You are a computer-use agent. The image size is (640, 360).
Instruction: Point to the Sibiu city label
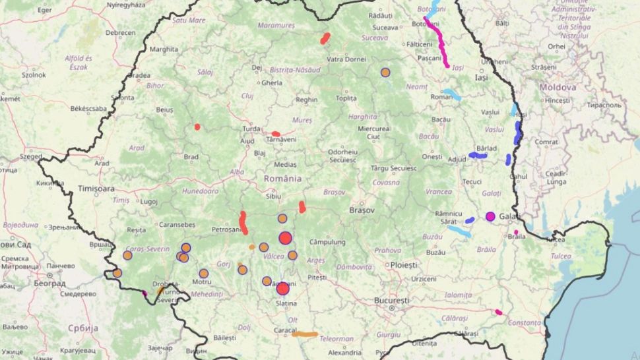click(272, 196)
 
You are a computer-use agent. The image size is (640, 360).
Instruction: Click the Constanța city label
click(525, 322)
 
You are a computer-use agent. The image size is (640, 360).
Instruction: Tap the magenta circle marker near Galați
click(490, 216)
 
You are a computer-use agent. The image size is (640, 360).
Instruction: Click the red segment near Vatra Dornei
click(325, 38)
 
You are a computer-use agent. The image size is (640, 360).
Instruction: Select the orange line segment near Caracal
click(305, 334)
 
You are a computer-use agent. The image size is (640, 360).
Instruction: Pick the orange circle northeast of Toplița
click(385, 73)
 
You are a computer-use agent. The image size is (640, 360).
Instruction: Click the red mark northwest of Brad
click(197, 127)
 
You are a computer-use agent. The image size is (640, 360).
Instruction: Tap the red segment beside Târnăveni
click(276, 134)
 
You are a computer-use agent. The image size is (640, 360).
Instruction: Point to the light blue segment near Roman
click(451, 94)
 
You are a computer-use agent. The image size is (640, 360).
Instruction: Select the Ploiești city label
click(405, 265)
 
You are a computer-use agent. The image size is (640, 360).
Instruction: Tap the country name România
click(282, 179)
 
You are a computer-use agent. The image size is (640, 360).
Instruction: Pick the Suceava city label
click(385, 28)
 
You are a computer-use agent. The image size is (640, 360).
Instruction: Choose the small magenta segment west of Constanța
click(499, 312)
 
